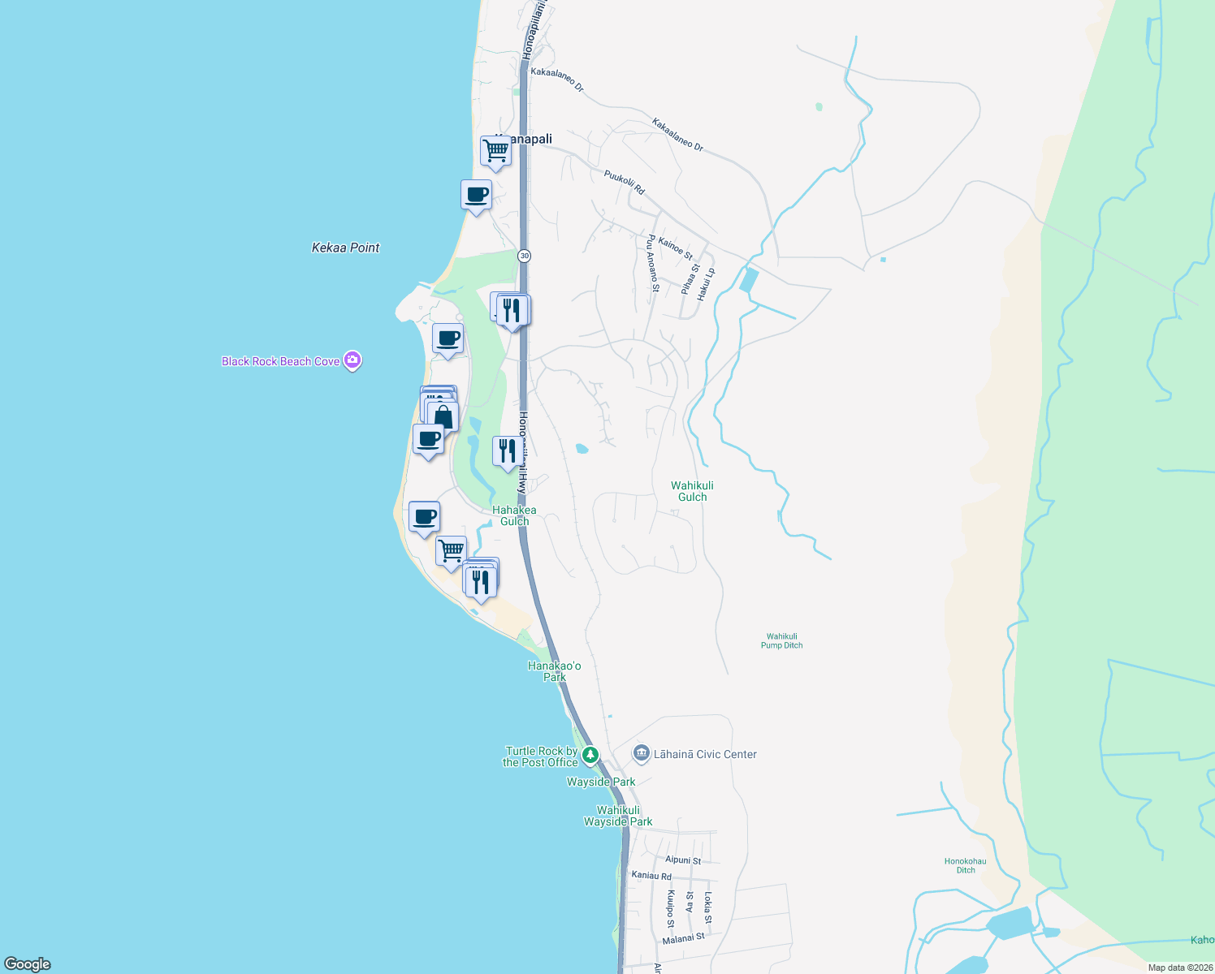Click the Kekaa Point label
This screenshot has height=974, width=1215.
tap(345, 248)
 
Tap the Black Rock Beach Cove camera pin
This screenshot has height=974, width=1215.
tap(352, 360)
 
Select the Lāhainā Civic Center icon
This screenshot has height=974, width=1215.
tap(642, 754)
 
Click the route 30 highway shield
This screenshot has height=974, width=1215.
tap(525, 256)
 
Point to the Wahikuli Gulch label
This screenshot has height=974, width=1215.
tap(692, 491)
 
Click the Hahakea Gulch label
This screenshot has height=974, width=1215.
tap(514, 515)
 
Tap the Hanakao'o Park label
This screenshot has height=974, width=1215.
tap(555, 671)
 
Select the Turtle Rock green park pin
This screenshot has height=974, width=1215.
tap(590, 755)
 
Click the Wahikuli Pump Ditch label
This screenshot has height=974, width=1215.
tap(781, 640)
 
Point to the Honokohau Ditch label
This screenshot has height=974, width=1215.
tap(965, 865)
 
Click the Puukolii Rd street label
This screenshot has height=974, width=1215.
tap(624, 182)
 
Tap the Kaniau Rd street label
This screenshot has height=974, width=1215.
tap(651, 876)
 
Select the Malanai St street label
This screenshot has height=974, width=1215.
tap(683, 938)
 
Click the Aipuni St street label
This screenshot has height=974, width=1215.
tap(682, 860)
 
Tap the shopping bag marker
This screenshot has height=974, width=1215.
tap(443, 417)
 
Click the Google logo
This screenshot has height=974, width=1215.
tap(28, 964)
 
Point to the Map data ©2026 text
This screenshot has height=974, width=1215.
tap(1179, 968)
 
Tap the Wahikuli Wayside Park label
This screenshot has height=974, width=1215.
tap(618, 816)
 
